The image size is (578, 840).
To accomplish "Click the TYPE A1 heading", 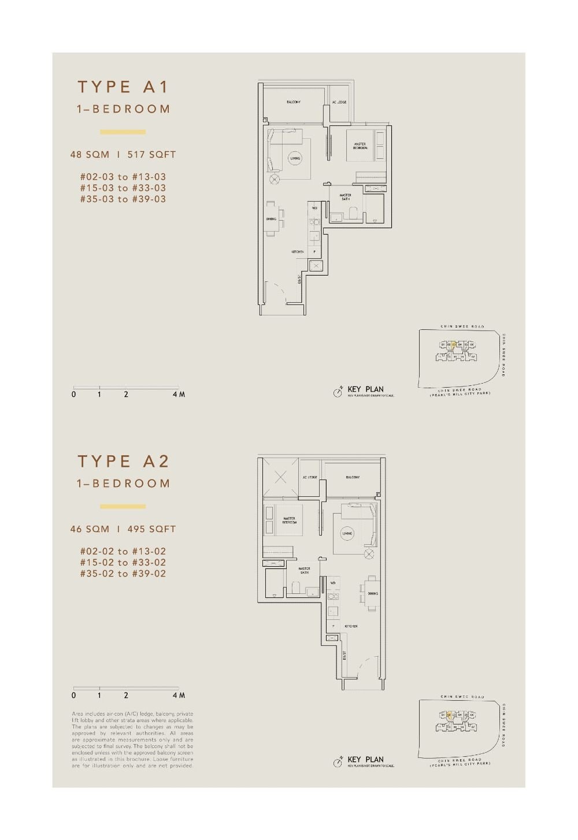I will (123, 87).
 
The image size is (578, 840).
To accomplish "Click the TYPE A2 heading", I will (123, 462).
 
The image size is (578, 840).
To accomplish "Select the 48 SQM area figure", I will (90, 155).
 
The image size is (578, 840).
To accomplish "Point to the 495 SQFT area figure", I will (151, 529).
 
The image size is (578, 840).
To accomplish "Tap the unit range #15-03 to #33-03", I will (123, 188).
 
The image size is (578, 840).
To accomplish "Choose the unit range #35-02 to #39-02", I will (123, 574).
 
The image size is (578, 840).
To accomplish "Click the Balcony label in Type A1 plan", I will (294, 102).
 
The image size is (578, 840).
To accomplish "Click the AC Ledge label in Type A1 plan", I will (339, 102).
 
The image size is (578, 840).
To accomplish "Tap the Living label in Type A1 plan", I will (295, 158).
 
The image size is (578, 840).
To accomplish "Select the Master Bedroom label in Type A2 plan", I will (289, 520).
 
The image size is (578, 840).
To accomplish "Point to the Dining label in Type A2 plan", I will (373, 593).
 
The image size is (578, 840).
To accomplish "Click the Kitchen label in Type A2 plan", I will (351, 626).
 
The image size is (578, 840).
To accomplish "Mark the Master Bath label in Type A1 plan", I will (346, 197).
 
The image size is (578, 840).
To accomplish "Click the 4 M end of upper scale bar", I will (179, 395).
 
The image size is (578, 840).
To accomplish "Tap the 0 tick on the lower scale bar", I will (73, 696).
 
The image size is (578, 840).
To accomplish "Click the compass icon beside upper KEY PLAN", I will (338, 392).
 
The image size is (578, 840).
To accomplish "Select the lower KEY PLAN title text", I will (365, 760).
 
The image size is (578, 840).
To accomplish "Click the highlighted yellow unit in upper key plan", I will (454, 345).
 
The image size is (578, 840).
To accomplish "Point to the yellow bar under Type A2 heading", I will (123, 507).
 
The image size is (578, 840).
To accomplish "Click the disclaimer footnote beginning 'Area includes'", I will (132, 740).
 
